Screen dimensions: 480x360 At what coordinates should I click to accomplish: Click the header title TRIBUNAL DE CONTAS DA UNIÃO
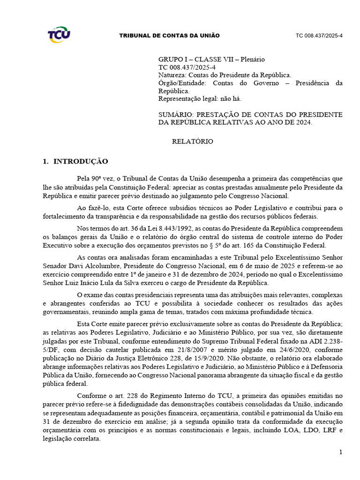[169, 36]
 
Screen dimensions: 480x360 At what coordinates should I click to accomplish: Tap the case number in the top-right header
[319, 36]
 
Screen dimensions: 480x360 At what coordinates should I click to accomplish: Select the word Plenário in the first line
[253, 60]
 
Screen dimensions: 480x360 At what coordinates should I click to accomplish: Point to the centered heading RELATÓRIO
[193, 141]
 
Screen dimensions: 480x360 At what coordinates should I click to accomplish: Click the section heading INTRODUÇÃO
[81, 162]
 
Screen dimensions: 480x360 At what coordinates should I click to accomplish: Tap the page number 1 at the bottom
[341, 452]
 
